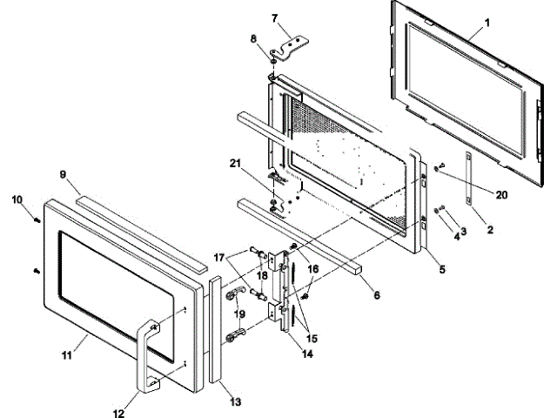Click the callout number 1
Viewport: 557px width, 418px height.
[x=487, y=22]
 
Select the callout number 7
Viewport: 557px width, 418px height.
[x=274, y=17]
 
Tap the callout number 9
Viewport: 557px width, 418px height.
[x=64, y=174]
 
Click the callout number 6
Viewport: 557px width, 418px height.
[x=377, y=296]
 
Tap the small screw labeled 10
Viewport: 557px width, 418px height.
[x=37, y=219]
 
